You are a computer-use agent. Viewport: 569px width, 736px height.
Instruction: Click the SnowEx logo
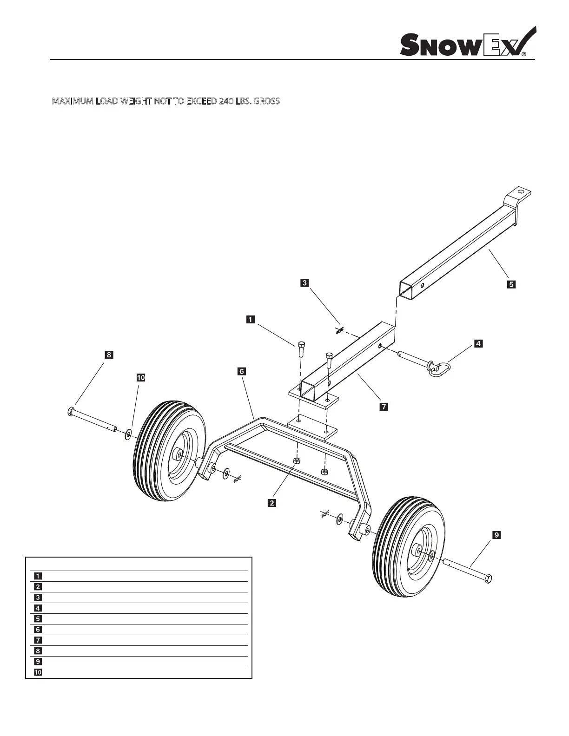[x=467, y=43]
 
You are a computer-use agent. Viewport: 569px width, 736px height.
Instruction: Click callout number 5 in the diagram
[x=511, y=284]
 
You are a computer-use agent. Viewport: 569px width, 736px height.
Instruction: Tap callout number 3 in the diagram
[x=304, y=282]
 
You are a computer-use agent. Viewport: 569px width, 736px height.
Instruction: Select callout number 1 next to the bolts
[x=250, y=319]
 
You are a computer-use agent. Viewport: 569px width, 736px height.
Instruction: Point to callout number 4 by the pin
[x=478, y=344]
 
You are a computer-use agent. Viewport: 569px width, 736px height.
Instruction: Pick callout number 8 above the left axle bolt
[x=108, y=355]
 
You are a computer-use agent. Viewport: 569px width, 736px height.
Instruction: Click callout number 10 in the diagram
[x=140, y=377]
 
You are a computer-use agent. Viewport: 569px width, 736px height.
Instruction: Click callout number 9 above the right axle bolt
[x=496, y=535]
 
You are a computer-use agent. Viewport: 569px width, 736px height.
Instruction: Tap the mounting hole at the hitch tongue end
[x=522, y=191]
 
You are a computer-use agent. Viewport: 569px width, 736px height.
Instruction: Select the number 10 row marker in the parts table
[x=36, y=672]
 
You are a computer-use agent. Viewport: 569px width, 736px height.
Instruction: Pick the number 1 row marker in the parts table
[x=36, y=576]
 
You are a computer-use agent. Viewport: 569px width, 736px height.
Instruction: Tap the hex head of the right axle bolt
[x=488, y=579]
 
